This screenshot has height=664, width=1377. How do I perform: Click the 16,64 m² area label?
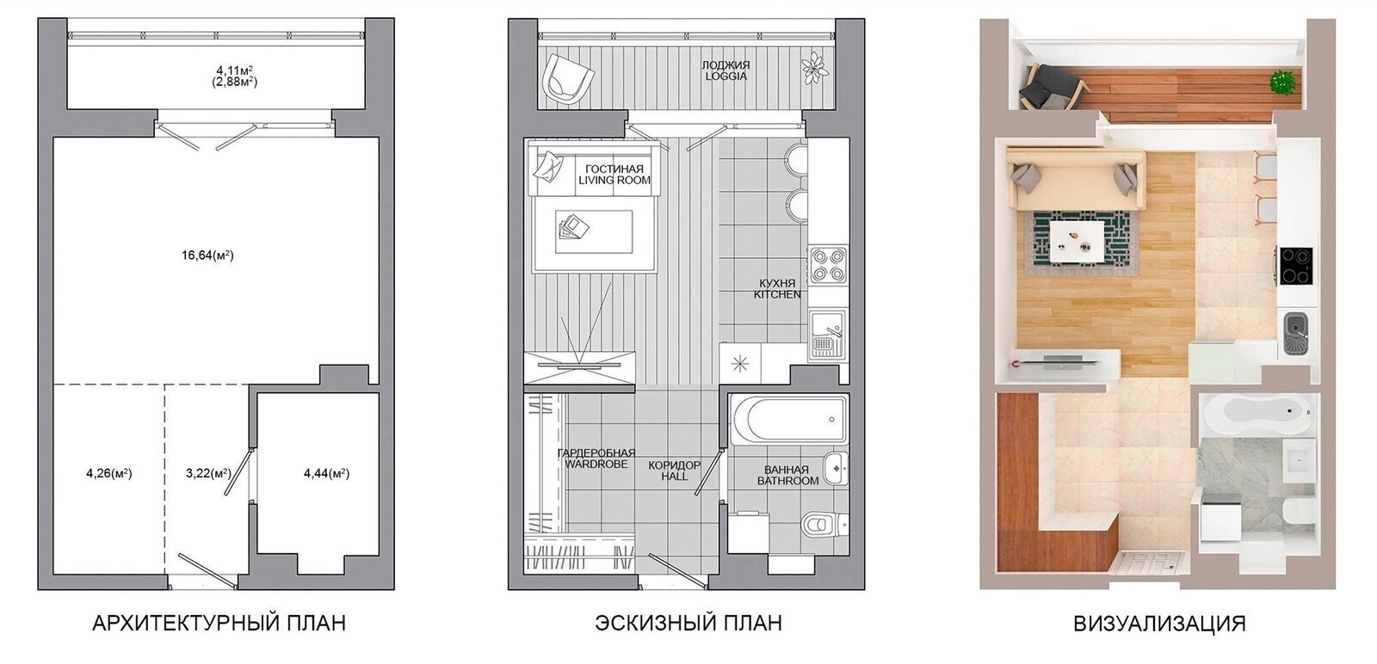pyautogui.click(x=207, y=255)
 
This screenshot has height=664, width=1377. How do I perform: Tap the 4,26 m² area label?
pyautogui.click(x=109, y=474)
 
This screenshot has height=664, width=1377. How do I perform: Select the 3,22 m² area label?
pyautogui.click(x=208, y=474)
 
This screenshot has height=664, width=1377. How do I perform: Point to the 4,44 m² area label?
pyautogui.click(x=326, y=474)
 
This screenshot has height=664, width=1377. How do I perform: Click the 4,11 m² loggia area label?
pyautogui.click(x=235, y=70)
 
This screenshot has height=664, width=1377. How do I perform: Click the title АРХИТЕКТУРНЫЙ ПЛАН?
pyautogui.click(x=219, y=623)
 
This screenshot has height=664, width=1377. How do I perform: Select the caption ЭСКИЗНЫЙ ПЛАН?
pyautogui.click(x=688, y=623)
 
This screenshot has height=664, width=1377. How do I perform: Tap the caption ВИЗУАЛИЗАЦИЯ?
pyautogui.click(x=1159, y=624)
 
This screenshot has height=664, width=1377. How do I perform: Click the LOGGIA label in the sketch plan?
pyautogui.click(x=726, y=77)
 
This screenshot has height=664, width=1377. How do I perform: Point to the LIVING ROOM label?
pyautogui.click(x=614, y=181)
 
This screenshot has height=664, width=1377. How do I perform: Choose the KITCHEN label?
pyautogui.click(x=778, y=295)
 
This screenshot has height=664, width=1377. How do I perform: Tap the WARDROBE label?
pyautogui.click(x=596, y=464)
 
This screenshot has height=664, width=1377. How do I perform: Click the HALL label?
pyautogui.click(x=675, y=476)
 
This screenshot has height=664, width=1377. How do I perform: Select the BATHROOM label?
pyautogui.click(x=788, y=481)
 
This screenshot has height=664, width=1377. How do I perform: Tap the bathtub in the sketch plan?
pyautogui.click(x=789, y=420)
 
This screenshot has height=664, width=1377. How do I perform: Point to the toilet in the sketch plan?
pyautogui.click(x=824, y=524)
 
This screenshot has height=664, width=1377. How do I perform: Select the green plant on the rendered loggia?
pyautogui.click(x=1282, y=83)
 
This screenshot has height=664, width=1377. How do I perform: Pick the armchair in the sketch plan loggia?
pyautogui.click(x=567, y=78)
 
